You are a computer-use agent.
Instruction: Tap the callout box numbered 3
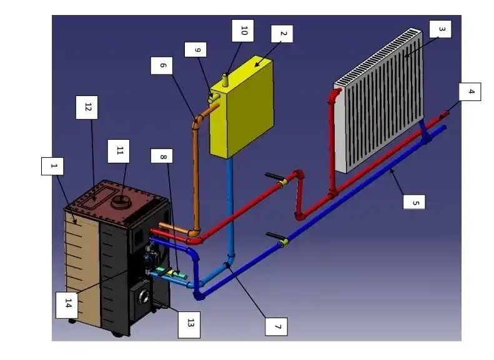[440, 29]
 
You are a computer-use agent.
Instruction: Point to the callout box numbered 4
[471, 92]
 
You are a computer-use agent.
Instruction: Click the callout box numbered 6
[162, 66]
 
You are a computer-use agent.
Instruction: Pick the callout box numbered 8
[162, 157]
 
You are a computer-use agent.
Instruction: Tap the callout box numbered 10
[243, 29]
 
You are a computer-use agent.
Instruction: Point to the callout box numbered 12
[86, 107]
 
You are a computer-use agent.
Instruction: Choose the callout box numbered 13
[191, 323]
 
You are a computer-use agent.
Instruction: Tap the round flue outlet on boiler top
[119, 201]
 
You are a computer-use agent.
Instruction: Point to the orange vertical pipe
[194, 175]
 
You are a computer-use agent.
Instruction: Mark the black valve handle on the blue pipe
[275, 236]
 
